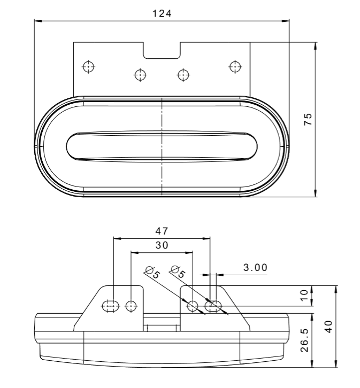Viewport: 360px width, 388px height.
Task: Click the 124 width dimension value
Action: [x=162, y=13]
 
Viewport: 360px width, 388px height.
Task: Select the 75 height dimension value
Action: [x=307, y=119]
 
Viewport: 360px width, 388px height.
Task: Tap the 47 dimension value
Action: [x=162, y=231]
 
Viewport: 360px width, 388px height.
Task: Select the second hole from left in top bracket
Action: [x=140, y=74]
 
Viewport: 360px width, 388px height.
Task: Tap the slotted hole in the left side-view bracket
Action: [x=110, y=306]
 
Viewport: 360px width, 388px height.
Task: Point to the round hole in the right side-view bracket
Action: [x=193, y=306]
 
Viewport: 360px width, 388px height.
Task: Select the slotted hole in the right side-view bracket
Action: [x=213, y=306]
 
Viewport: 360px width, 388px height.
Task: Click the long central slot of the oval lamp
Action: [x=162, y=145]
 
